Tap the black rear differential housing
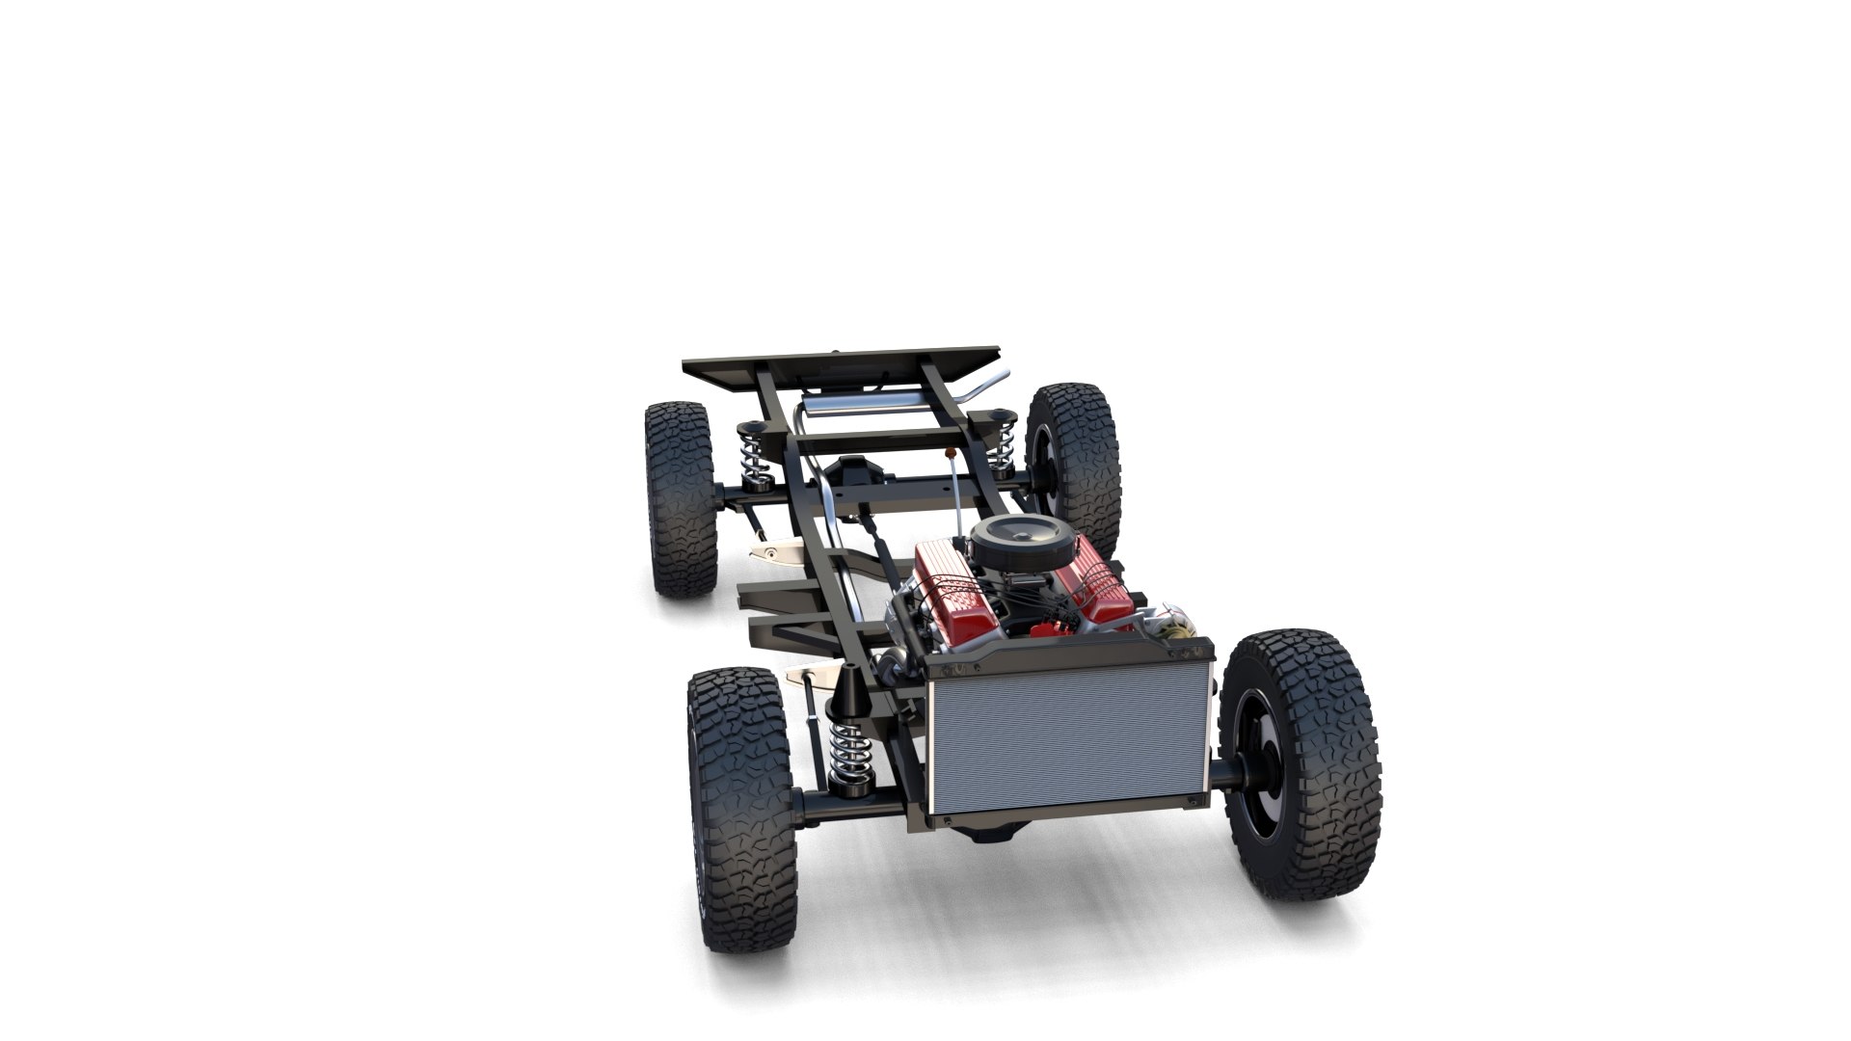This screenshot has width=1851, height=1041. [x=856, y=475]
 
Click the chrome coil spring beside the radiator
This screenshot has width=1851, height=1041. [x=847, y=752]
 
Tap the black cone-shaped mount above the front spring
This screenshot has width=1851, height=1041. [x=852, y=688]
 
